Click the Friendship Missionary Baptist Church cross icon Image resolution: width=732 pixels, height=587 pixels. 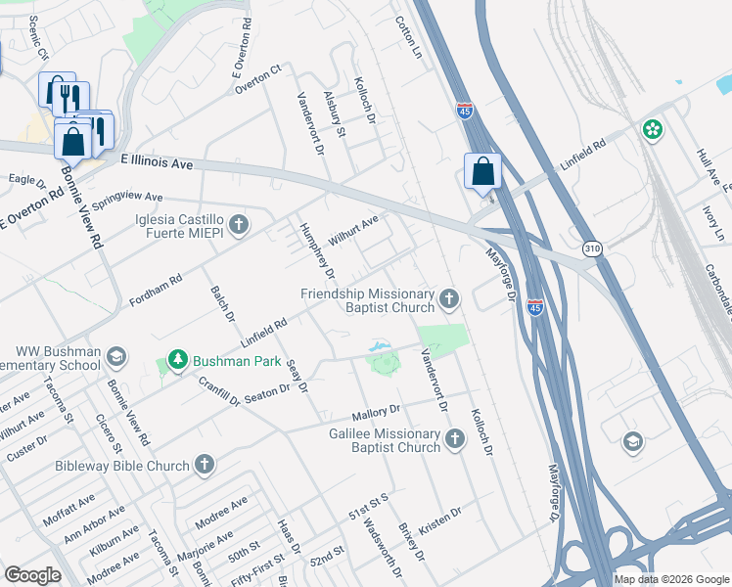tap(449, 298)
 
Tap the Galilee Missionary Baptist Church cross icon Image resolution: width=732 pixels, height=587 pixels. tap(454, 439)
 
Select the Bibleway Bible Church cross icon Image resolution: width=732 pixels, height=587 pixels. tap(204, 464)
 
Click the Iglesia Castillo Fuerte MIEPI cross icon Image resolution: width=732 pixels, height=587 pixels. tap(240, 226)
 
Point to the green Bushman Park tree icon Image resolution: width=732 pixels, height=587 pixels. tap(177, 361)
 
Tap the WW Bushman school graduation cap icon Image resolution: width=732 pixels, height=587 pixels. tap(115, 356)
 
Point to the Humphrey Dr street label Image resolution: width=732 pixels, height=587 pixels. tap(316, 249)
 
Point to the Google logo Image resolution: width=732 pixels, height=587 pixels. tap(32, 575)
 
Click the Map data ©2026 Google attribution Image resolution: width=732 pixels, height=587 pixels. tap(671, 579)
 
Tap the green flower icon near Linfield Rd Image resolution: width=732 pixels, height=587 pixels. tap(653, 129)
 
